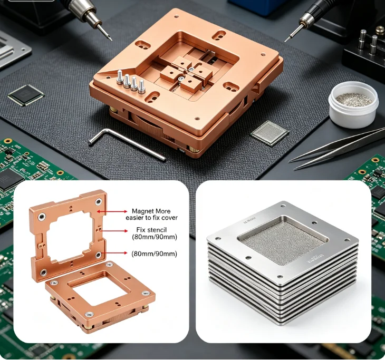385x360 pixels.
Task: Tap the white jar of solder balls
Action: [x=353, y=104]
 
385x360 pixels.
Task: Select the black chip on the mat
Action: [x=26, y=95]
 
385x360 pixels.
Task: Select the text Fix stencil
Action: [x=151, y=230]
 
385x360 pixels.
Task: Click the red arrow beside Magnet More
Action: [x=112, y=211]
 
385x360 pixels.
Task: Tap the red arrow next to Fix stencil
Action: [x=113, y=231]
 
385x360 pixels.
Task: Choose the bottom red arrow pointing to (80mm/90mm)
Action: [x=114, y=253]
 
